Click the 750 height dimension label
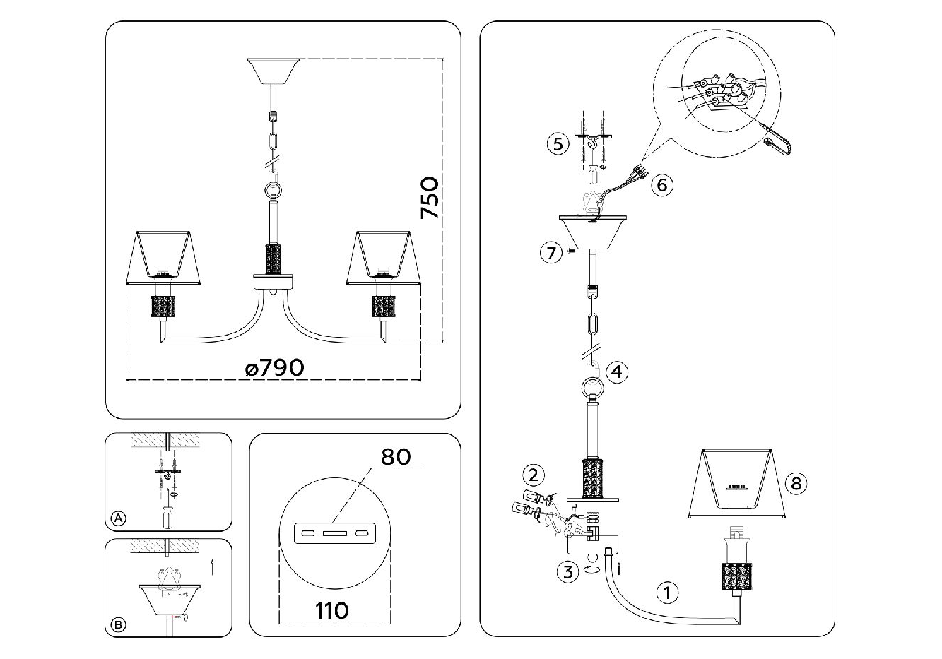pos(430,198)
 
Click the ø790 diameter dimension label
pos(275,368)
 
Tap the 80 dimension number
pos(395,457)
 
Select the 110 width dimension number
pos(332,611)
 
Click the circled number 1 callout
pos(667,593)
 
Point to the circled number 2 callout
pos(534,475)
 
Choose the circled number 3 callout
pos(568,571)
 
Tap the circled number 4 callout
pos(617,372)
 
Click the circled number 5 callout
pos(558,144)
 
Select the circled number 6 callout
pos(662,185)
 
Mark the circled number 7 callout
pos(551,253)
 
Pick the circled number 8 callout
pos(796,483)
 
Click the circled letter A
pos(119,518)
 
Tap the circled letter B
pos(119,625)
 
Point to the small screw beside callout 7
pos(571,251)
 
